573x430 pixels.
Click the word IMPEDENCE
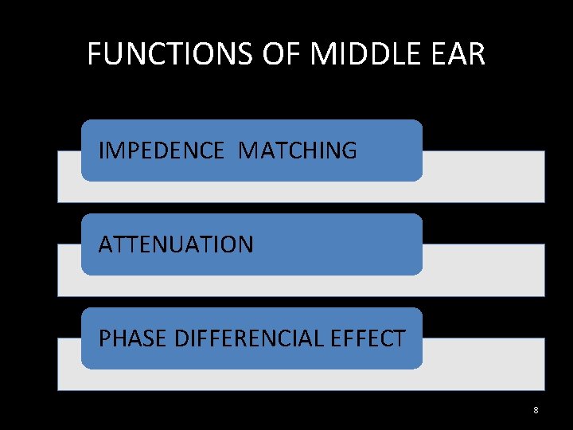pos(162,150)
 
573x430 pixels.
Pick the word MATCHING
pos(297,150)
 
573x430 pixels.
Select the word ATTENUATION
pos(176,244)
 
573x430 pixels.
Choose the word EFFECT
pos(368,338)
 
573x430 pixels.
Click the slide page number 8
pos(536,410)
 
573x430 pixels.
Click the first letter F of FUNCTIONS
pos(95,54)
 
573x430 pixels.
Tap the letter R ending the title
pos(477,54)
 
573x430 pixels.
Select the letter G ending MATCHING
pos(349,150)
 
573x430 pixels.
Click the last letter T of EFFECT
pos(400,338)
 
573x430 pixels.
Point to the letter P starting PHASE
pos(104,338)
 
